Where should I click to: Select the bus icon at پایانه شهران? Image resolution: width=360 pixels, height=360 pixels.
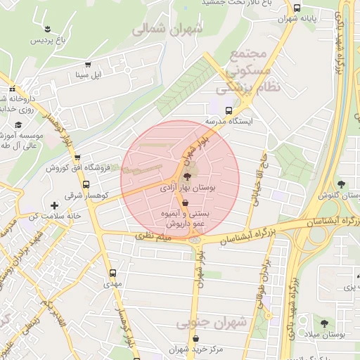coord(297,8)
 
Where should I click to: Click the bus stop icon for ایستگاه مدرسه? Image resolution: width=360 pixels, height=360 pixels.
coord(228,110)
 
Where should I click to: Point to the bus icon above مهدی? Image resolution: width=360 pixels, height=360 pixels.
coord(112,273)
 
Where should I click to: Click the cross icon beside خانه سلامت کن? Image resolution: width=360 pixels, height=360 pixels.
coord(54,205)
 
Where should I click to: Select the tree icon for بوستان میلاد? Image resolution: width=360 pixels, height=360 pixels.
coord(323,323)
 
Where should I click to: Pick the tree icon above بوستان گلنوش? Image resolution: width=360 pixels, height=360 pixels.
coord(341,184)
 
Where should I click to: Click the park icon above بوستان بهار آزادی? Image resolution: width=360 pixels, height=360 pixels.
coord(187,176)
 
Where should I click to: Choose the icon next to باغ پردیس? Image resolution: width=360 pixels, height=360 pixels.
coord(47,29)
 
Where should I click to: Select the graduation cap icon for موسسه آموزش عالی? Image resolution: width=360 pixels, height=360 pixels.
coord(18,124)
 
